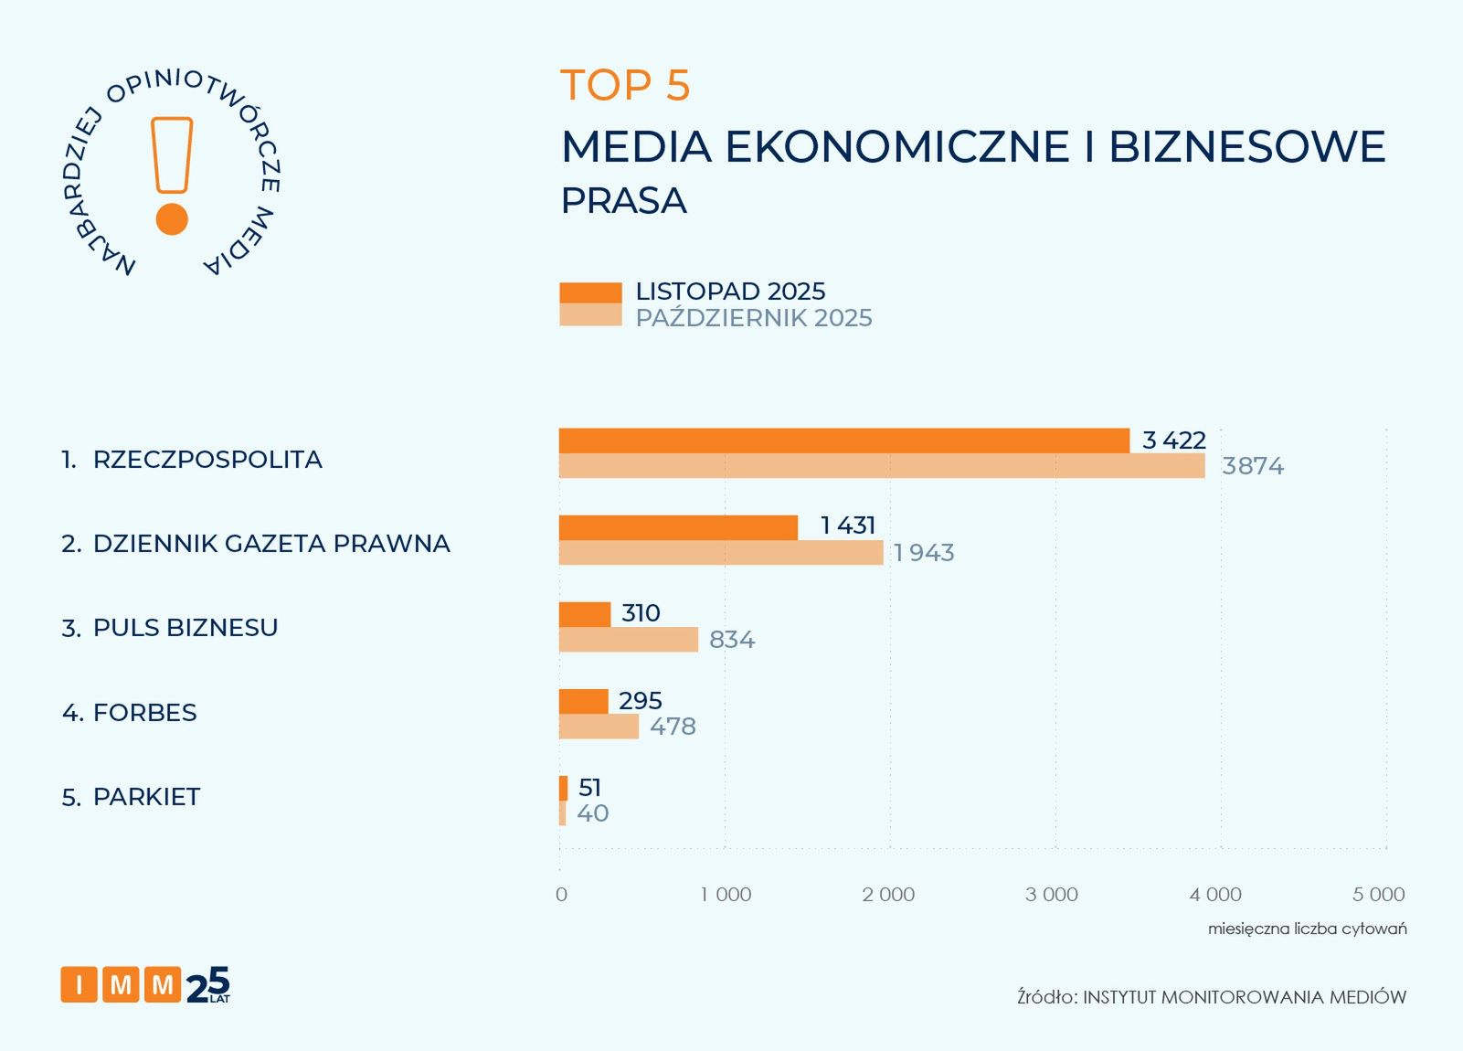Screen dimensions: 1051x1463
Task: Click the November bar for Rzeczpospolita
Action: click(x=843, y=441)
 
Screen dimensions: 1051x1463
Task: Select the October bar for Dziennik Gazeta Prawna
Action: click(x=720, y=553)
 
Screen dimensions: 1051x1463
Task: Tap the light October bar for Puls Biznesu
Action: click(x=628, y=640)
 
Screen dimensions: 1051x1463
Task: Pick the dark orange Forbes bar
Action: click(x=583, y=702)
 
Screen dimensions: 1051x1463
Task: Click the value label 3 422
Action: click(x=1173, y=441)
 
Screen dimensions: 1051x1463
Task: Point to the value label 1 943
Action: click(x=924, y=553)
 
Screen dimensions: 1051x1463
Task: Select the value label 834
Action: click(x=732, y=640)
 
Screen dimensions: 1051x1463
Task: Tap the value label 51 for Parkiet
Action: click(x=589, y=788)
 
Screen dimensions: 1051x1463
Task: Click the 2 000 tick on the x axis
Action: click(x=888, y=895)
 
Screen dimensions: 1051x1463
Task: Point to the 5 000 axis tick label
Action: click(x=1379, y=895)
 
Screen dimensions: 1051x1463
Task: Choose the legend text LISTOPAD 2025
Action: click(x=730, y=292)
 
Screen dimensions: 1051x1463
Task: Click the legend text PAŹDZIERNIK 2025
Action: click(x=754, y=318)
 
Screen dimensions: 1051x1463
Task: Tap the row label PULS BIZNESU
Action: click(x=186, y=628)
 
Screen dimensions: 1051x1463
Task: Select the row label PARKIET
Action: click(x=146, y=797)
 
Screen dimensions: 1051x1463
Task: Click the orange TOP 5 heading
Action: click(x=625, y=85)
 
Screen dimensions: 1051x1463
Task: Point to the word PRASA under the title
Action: click(x=623, y=201)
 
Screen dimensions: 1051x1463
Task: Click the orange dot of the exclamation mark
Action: click(x=172, y=219)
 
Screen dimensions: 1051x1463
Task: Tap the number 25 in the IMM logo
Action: click(x=207, y=985)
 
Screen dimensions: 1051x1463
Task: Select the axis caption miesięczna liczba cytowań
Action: click(x=1307, y=929)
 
